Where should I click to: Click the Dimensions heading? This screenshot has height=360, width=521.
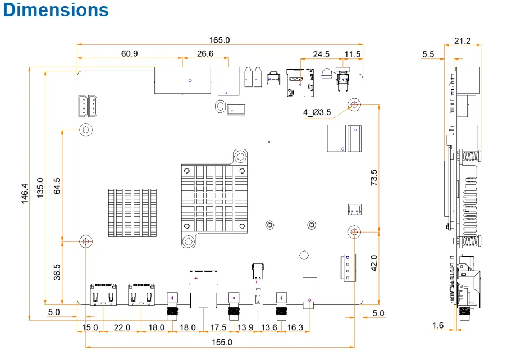(x=56, y=10)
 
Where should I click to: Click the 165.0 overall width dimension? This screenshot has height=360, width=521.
(x=220, y=40)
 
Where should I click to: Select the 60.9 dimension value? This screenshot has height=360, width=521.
(x=129, y=53)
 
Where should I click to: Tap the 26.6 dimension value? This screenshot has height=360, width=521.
(x=205, y=53)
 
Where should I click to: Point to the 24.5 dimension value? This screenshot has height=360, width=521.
(x=321, y=54)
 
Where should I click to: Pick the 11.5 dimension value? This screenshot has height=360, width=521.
(x=352, y=54)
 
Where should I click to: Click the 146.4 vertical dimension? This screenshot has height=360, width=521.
(x=25, y=193)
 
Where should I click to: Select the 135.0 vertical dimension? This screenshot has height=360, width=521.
(x=40, y=188)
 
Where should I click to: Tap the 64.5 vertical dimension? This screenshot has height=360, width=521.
(x=57, y=186)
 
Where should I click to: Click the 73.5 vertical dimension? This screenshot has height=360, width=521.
(x=374, y=177)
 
